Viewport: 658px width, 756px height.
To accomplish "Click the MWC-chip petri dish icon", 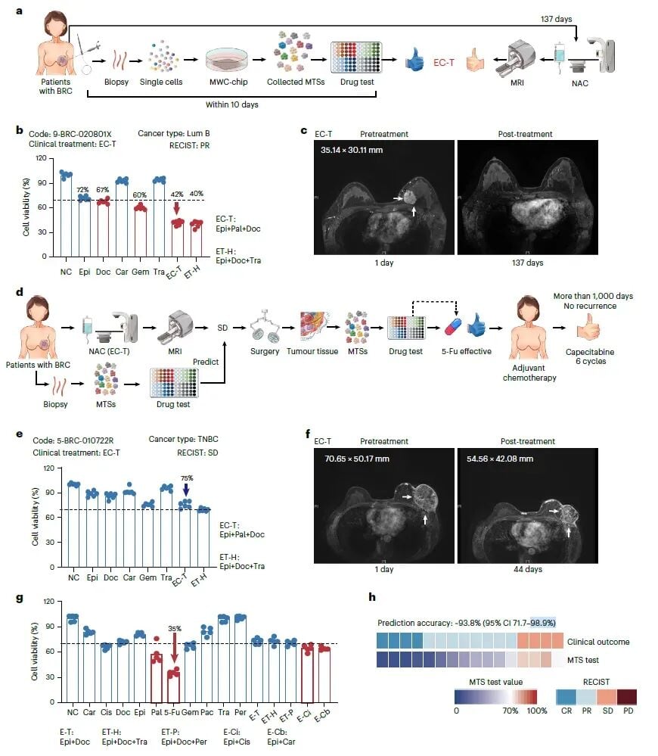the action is click(228, 61).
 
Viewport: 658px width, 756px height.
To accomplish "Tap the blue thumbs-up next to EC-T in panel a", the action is click(414, 60).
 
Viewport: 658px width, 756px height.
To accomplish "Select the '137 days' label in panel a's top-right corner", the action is click(557, 19).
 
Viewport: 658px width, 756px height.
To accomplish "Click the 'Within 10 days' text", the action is click(231, 104).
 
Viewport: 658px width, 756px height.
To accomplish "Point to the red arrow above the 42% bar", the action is click(177, 208).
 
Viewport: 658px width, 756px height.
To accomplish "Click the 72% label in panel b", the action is click(83, 190).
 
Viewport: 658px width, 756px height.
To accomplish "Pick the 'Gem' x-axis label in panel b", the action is click(140, 272).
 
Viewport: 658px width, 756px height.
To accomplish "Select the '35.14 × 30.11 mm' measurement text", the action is click(352, 150).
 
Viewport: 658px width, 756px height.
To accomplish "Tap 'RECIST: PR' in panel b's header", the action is click(189, 145).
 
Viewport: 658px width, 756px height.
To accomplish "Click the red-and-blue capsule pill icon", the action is click(453, 326).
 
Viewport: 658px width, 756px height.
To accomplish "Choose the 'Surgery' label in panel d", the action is click(265, 351).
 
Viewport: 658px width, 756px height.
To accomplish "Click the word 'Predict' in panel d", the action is click(206, 362).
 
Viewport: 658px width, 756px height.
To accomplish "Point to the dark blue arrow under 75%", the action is click(186, 490).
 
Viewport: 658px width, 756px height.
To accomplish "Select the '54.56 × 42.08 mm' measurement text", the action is click(499, 459).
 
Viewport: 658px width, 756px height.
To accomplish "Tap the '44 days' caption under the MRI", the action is click(527, 569).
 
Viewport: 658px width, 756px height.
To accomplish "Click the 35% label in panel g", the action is click(175, 629).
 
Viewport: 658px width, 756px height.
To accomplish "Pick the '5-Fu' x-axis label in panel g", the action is click(172, 712).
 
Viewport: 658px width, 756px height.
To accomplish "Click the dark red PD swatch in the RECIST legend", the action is click(627, 697).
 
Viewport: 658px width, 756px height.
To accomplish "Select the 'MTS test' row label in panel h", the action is click(583, 660).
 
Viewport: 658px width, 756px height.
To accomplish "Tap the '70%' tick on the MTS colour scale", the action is click(511, 711).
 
